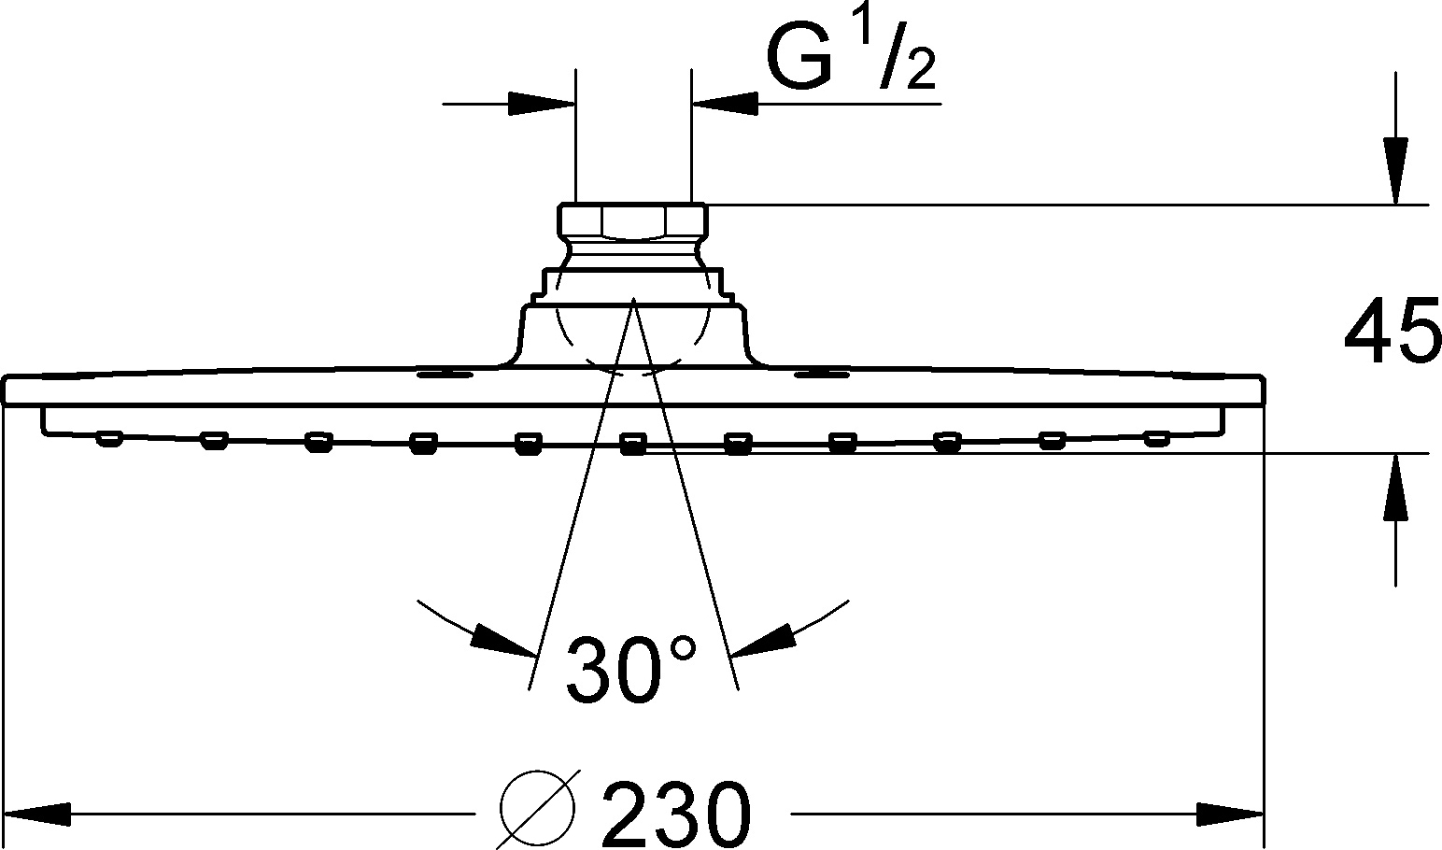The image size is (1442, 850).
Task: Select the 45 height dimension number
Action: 1392,333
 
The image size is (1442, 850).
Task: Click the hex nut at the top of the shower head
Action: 633,222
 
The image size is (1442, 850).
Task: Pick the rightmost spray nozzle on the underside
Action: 1156,437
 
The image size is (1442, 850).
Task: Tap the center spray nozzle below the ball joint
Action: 633,443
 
